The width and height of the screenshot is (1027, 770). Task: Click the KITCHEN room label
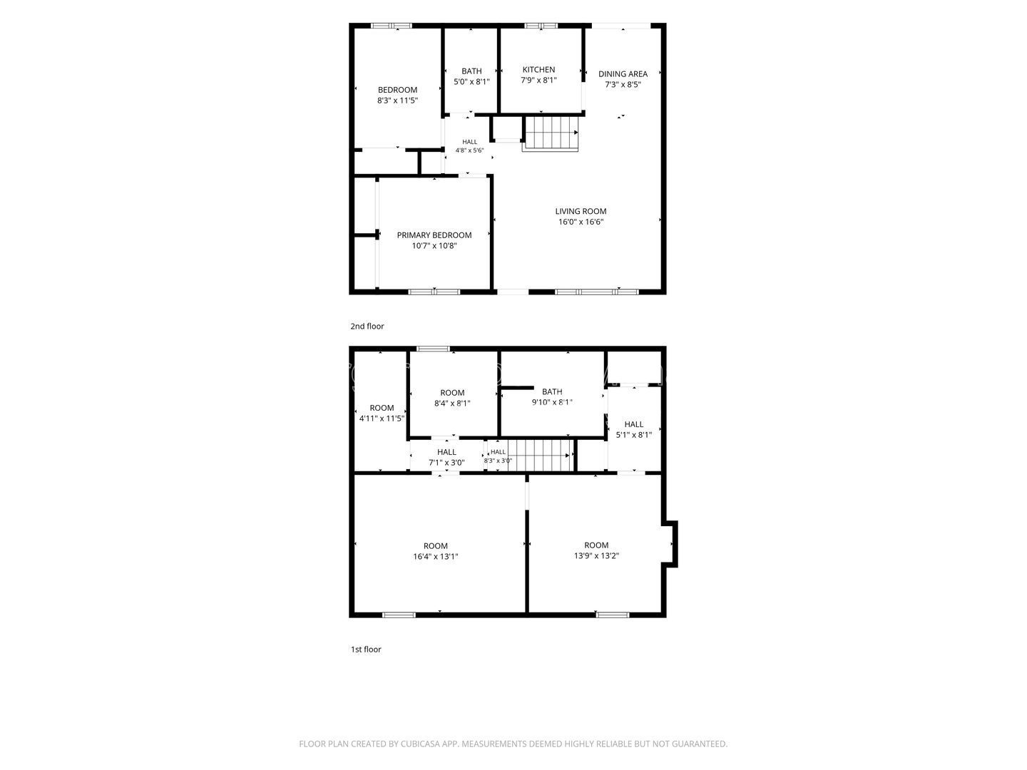point(538,70)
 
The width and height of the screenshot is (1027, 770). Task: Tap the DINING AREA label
point(623,74)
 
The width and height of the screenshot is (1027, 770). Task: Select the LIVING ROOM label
point(581,211)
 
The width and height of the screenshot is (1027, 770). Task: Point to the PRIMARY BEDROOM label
point(434,235)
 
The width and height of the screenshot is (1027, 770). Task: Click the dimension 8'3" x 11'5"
point(397,101)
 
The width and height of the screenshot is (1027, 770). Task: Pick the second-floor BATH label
point(471,71)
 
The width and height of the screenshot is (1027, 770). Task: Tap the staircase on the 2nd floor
point(551,134)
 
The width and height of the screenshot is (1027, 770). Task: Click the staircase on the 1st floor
point(540,455)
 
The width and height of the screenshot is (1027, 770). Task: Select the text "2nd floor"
point(367,327)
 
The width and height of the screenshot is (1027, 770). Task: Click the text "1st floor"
point(366,650)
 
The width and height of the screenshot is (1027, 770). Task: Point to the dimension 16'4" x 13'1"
point(436,557)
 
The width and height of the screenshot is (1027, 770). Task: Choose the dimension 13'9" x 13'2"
point(596,556)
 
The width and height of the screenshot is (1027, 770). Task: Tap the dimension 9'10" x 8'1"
point(552,402)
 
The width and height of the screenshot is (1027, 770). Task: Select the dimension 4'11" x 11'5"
point(382,419)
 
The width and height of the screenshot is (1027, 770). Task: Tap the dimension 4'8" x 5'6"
point(470,150)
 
